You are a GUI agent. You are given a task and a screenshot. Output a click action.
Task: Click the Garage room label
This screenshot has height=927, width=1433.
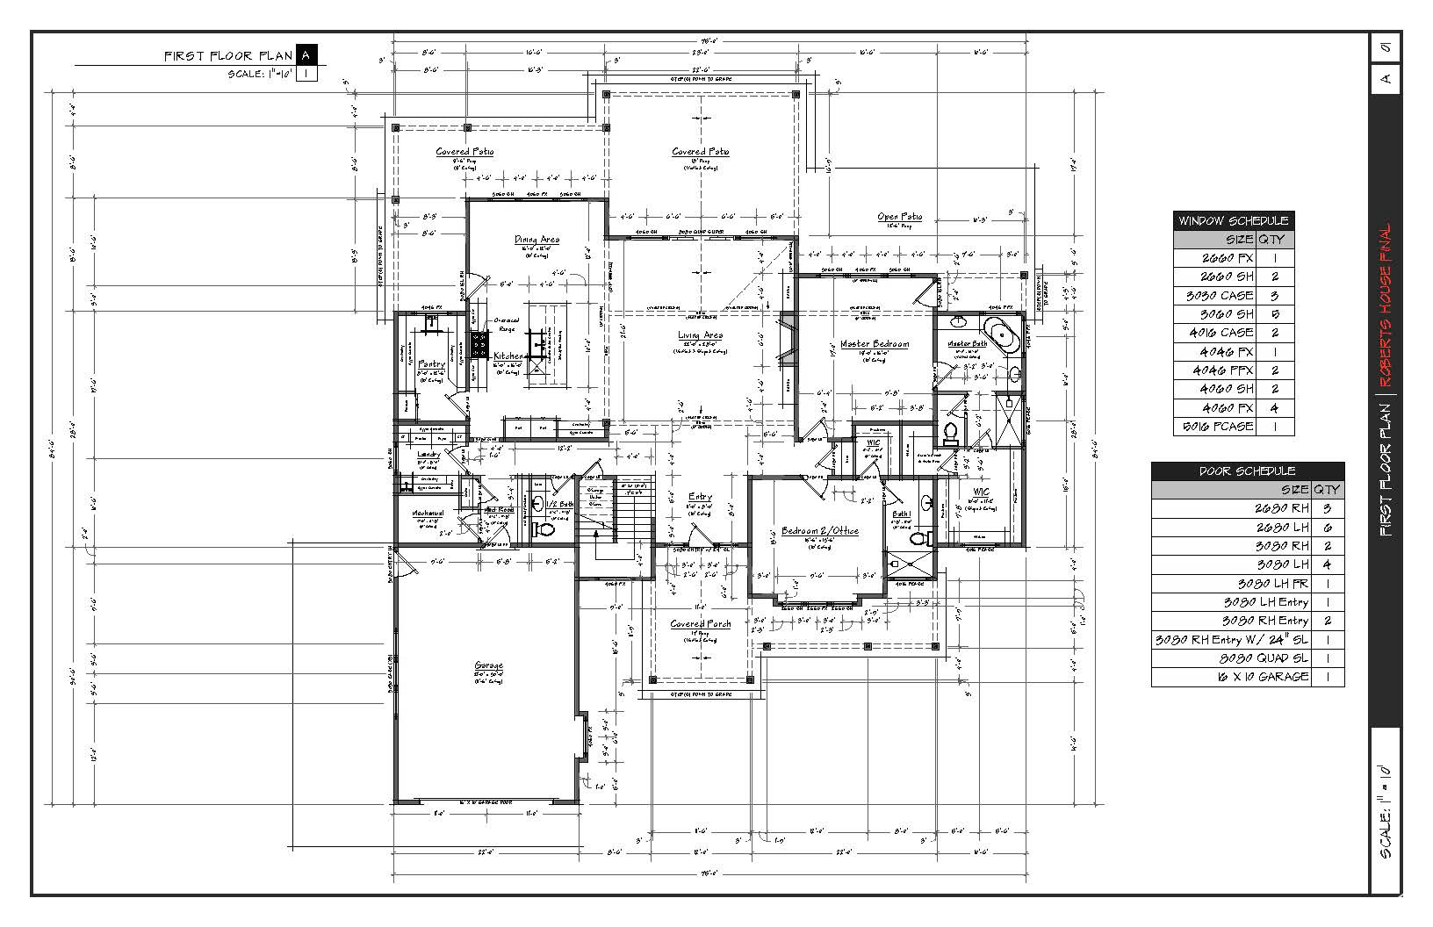point(488,665)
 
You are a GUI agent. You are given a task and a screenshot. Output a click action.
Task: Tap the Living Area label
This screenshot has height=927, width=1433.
point(700,335)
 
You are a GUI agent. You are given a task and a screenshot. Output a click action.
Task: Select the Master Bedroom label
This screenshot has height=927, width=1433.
point(874,344)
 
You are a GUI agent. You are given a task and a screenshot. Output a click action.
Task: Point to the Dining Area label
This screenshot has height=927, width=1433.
point(536,240)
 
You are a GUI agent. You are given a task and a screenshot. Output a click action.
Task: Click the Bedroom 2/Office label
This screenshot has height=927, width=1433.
point(819,531)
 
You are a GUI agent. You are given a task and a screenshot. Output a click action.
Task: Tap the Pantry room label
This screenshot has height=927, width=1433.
point(431,363)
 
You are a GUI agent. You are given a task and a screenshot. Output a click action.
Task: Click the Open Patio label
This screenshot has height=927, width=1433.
point(900,217)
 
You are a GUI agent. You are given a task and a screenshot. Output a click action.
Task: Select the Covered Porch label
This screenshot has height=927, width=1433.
point(700,624)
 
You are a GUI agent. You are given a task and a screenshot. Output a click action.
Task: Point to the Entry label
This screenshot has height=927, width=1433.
point(700,497)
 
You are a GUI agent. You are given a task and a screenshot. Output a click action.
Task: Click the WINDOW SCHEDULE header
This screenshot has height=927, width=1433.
point(1233,220)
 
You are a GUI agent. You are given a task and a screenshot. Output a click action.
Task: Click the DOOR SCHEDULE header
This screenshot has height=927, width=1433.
point(1247,471)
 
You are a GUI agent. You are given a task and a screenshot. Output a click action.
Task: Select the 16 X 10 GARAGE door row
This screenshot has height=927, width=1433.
point(1247,677)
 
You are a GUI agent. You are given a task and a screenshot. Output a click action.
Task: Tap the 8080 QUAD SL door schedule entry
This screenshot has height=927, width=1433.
point(1247,658)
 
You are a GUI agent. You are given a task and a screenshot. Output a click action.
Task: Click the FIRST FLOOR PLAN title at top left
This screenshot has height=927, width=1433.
point(228,56)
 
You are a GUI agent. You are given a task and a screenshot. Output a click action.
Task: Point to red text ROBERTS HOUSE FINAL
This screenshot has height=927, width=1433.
point(1385,307)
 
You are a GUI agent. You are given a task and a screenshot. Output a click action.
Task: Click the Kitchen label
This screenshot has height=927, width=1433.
point(508,356)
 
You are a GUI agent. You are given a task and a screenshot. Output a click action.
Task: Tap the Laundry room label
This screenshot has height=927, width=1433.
point(428,455)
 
